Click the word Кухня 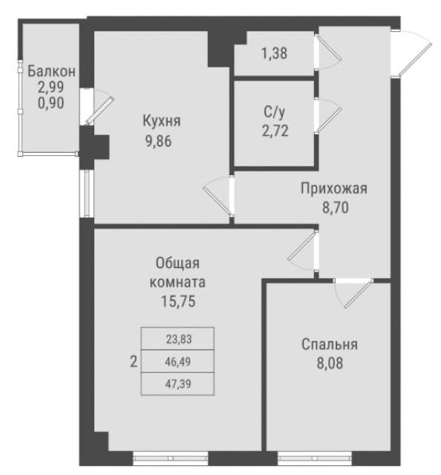click(x=162, y=121)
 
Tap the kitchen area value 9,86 click(x=159, y=141)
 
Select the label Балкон click(x=51, y=71)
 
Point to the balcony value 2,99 click(x=51, y=87)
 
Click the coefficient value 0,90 click(x=51, y=103)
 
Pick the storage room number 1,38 click(x=274, y=53)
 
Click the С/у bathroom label click(x=275, y=112)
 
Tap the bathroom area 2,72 click(x=275, y=131)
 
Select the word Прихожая click(x=334, y=189)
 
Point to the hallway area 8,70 click(x=336, y=208)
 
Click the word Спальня click(x=330, y=344)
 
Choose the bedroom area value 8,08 click(x=330, y=363)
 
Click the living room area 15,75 click(x=178, y=301)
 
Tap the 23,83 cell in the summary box click(x=179, y=339)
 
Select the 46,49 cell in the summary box click(x=178, y=361)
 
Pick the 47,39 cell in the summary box click(x=178, y=384)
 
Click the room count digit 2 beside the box click(x=134, y=361)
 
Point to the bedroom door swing click(x=353, y=293)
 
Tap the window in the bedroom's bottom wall click(x=315, y=457)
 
